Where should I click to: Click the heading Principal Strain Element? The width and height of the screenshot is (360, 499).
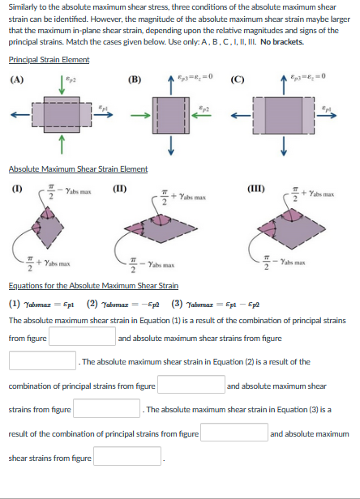pos(49,59)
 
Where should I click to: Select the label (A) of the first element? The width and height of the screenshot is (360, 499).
pos(16,79)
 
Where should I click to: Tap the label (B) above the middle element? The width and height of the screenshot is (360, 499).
pos(135,79)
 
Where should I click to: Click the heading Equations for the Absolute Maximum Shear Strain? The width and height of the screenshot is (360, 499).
pos(93,285)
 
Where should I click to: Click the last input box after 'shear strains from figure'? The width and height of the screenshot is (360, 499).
pos(130,458)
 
